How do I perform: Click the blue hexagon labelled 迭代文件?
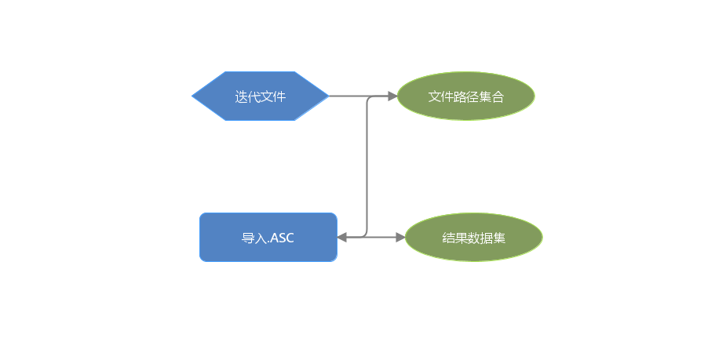tap(261, 96)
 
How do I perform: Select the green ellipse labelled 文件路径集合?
tap(466, 96)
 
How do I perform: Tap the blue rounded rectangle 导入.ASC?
tap(268, 237)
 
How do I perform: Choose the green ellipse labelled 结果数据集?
tap(474, 237)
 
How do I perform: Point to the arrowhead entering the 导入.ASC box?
tap(342, 238)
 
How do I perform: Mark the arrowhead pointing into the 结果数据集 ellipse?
tap(400, 238)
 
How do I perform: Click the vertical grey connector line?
tap(367, 166)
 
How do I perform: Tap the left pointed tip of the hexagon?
tap(192, 96)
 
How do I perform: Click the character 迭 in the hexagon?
tap(242, 96)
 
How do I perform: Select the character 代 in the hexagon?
tap(254, 96)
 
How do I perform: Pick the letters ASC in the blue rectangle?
tap(283, 238)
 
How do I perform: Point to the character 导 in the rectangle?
tap(248, 238)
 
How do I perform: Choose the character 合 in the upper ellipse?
tap(498, 96)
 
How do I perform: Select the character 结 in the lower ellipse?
tap(448, 238)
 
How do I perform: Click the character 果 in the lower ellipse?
tap(461, 238)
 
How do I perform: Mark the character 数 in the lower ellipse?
tap(474, 238)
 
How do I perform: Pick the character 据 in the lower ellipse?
tap(487, 238)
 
